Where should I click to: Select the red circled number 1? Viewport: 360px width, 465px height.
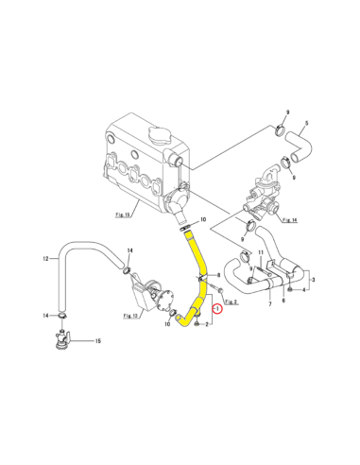[x=219, y=306]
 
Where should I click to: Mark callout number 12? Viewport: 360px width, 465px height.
[x=44, y=257]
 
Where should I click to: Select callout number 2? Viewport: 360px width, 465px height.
[x=207, y=324]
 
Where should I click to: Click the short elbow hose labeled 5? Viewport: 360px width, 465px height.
[x=300, y=141]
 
